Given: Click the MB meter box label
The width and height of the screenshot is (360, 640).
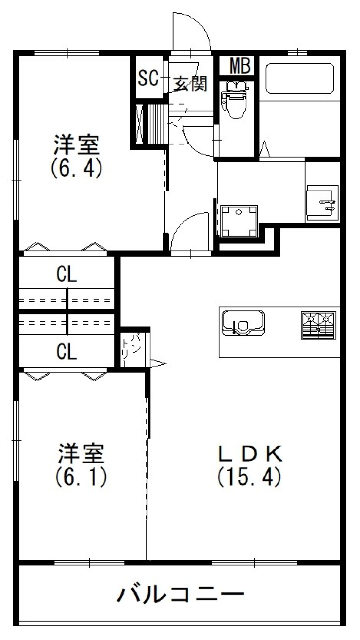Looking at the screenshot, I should click(x=240, y=66).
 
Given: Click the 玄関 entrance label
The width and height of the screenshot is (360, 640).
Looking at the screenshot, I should click(x=190, y=83).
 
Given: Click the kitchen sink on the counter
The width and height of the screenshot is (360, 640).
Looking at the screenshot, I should click(x=243, y=322).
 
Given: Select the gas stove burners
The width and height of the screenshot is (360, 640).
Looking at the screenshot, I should click(x=318, y=325).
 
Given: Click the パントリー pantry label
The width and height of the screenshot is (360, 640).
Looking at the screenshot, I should click(x=132, y=349).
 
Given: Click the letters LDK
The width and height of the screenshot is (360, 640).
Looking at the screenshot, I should click(x=250, y=454).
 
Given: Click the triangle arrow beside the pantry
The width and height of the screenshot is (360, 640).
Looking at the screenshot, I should click(x=157, y=363).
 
